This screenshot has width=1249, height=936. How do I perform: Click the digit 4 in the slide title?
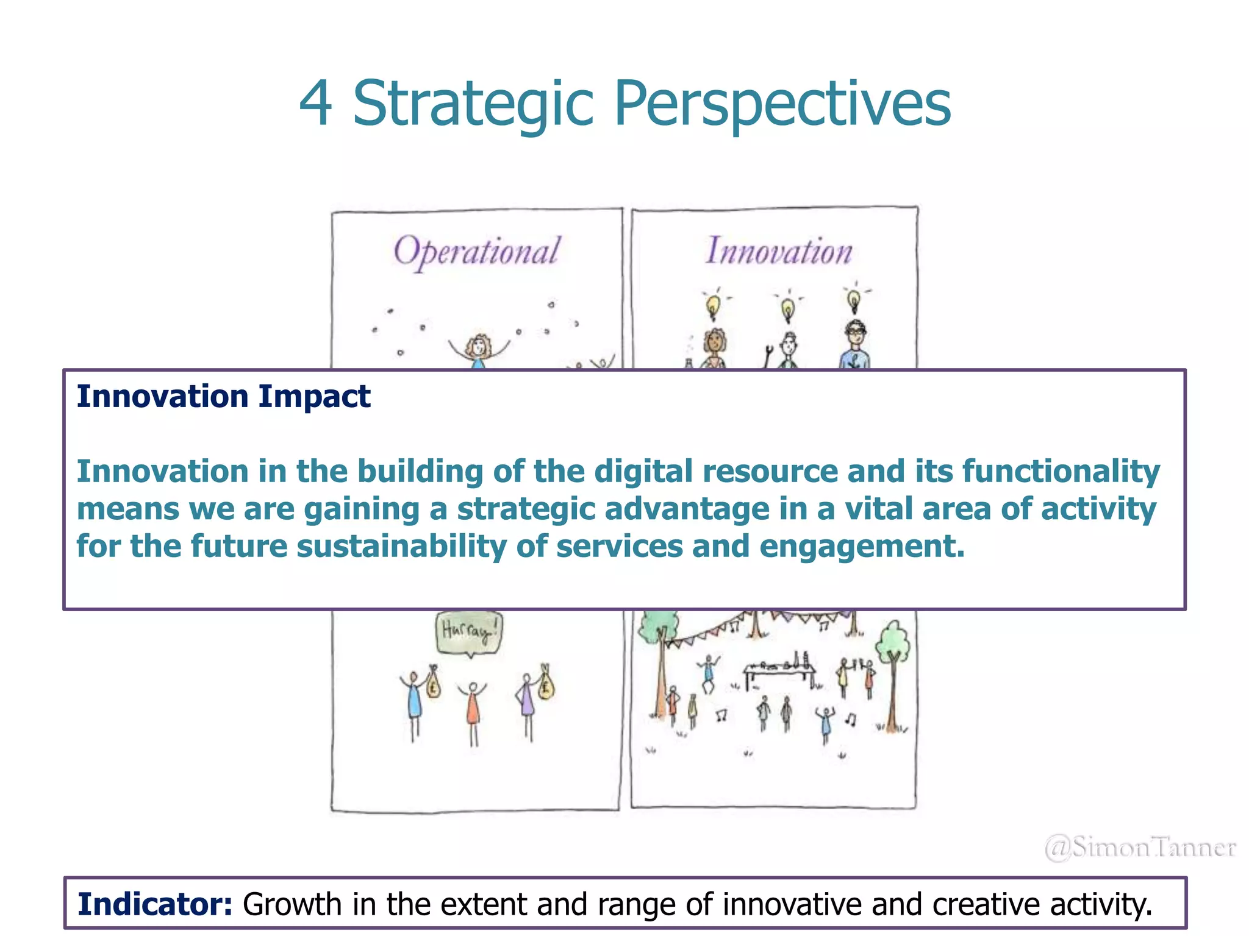pyautogui.click(x=316, y=104)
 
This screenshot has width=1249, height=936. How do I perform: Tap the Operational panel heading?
pyautogui.click(x=476, y=251)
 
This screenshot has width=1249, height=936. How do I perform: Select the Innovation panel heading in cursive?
pyautogui.click(x=779, y=251)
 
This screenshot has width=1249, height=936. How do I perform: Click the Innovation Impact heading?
pyautogui.click(x=223, y=397)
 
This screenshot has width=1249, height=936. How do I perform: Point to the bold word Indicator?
pyautogui.click(x=155, y=904)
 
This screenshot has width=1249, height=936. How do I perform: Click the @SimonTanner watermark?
pyautogui.click(x=1139, y=848)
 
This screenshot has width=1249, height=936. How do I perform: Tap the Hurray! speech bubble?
pyautogui.click(x=469, y=631)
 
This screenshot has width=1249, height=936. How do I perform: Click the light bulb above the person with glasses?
pyautogui.click(x=854, y=300)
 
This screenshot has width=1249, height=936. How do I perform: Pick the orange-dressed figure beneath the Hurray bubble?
pyautogui.click(x=473, y=710)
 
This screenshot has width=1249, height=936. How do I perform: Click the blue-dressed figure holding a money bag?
pyautogui.click(x=414, y=701)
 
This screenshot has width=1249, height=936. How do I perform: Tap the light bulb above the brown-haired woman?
pyautogui.click(x=712, y=305)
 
